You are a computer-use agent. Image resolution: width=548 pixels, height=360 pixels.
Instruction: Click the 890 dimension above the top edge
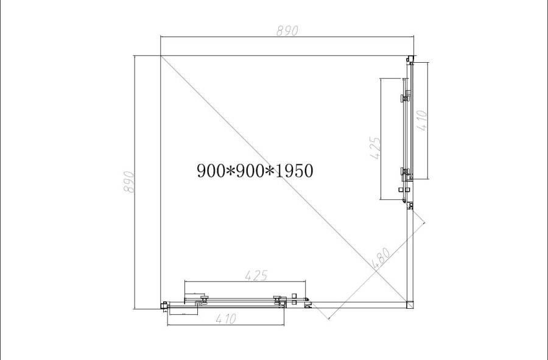tap(287, 30)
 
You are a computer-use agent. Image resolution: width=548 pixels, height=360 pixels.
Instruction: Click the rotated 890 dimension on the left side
tap(129, 182)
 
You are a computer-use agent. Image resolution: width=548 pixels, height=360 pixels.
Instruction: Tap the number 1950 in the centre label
tap(294, 171)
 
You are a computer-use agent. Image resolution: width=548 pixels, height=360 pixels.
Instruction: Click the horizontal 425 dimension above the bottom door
tap(256, 276)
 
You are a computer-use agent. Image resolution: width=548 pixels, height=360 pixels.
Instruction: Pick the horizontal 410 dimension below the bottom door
tap(226, 319)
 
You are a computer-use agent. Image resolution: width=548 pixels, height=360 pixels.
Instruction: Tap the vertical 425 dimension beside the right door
tap(374, 148)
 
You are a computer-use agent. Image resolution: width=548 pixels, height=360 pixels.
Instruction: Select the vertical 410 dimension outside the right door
tap(422, 121)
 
